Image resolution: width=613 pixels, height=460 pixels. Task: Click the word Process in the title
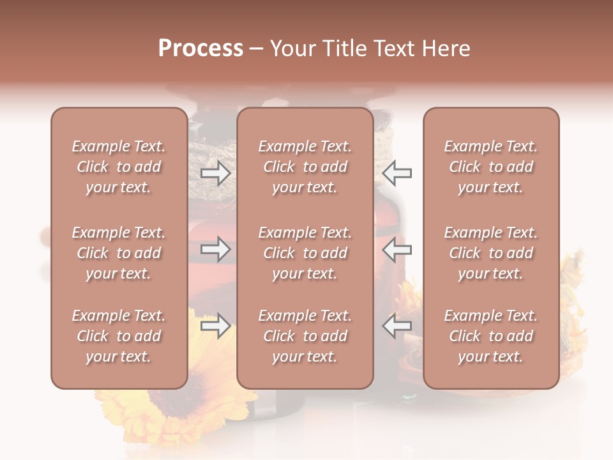coord(201,49)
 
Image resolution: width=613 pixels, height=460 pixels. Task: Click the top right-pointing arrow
coord(215,173)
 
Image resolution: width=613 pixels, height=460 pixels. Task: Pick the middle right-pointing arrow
coord(215,249)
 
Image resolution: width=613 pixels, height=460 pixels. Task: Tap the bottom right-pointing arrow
coord(215,326)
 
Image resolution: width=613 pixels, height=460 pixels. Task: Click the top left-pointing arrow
coord(397,173)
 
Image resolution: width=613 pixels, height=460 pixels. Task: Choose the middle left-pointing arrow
coord(397,249)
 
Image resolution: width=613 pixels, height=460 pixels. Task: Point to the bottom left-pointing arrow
coord(397,326)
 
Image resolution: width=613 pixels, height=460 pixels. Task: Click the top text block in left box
coord(119,167)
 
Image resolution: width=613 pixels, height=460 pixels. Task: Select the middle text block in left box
coord(119,253)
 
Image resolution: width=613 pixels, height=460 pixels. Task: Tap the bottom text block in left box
coord(119,336)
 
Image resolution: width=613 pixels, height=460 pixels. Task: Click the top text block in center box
coord(305,167)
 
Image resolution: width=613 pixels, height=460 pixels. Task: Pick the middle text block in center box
coord(305,253)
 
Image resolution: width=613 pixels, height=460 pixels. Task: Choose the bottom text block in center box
coord(305,336)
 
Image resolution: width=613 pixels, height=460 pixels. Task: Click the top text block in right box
coord(490,167)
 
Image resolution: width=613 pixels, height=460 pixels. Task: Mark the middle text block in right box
coord(490,253)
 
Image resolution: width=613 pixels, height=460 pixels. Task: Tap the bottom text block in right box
coord(490,336)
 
